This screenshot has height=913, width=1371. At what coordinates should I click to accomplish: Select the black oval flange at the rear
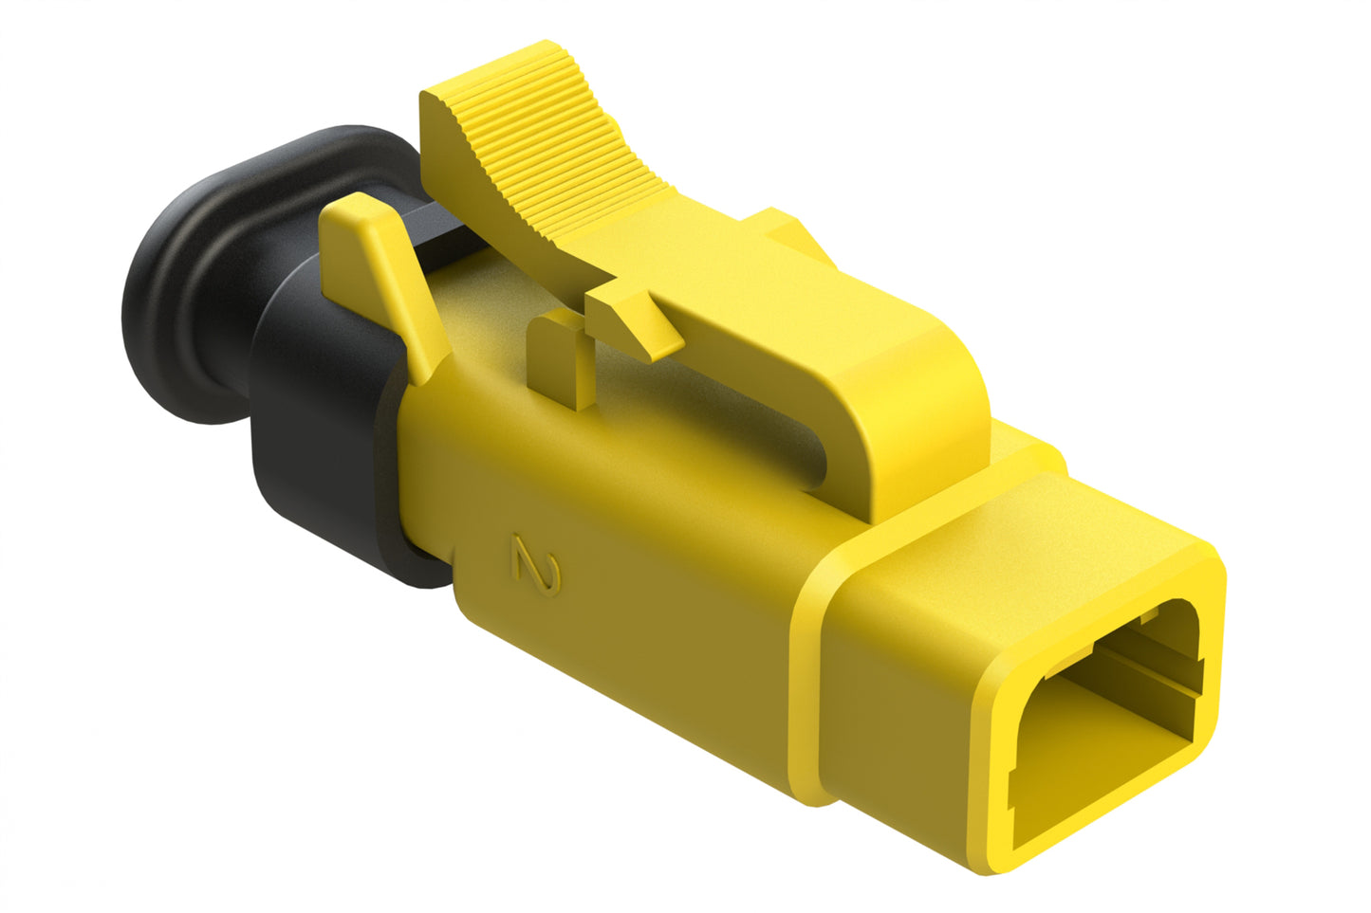pos(180,284)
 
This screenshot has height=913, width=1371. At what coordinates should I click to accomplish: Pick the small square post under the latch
pos(560,360)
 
